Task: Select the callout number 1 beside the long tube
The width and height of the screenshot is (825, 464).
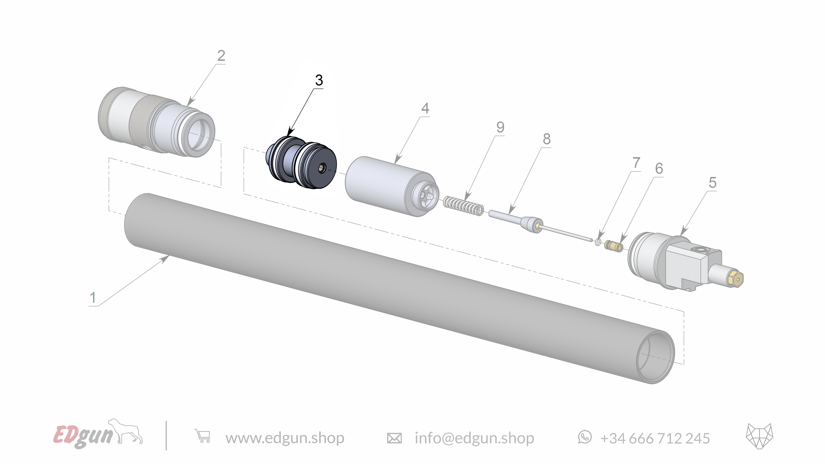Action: point(93,298)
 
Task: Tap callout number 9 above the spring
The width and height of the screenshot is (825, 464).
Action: point(500,127)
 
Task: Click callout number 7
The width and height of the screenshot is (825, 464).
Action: point(636,163)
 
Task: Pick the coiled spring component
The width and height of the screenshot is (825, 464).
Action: point(463,206)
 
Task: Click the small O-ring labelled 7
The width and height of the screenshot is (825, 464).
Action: point(598,242)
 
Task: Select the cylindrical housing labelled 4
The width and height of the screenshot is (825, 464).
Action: point(391,186)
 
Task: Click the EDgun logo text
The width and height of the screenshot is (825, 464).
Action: point(83,436)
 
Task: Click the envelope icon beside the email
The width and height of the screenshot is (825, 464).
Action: point(394,438)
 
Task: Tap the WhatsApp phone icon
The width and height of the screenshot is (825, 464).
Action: point(585,437)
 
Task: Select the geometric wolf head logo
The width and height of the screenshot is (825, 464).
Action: point(759,436)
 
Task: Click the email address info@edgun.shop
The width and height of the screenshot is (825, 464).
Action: point(474,438)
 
